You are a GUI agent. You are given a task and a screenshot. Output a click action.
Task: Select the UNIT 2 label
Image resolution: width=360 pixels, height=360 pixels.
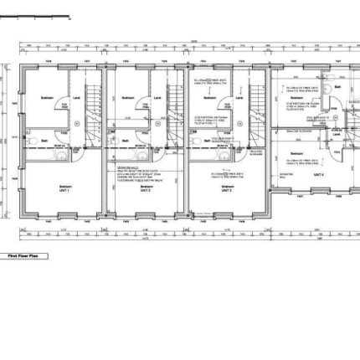coord(145,190)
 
